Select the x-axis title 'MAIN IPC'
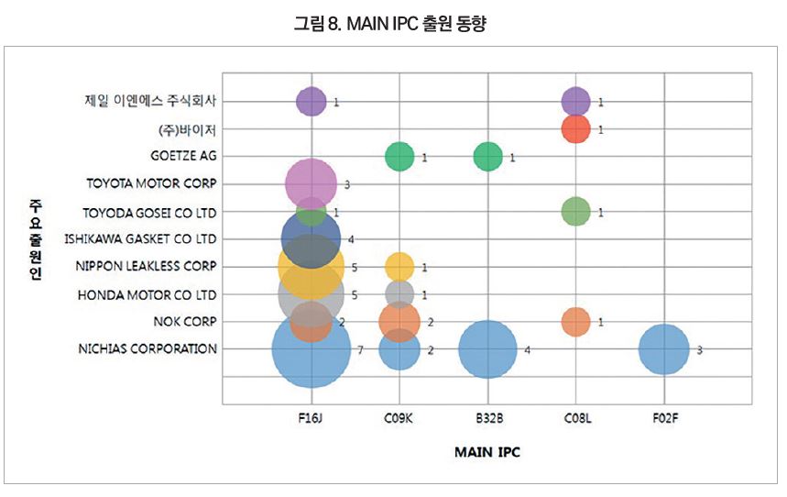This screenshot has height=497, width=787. (x=488, y=452)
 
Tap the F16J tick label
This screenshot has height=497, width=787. (x=312, y=418)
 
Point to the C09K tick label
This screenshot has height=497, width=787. (x=399, y=418)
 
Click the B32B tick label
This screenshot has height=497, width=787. (x=487, y=418)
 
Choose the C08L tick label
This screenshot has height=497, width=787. (x=575, y=418)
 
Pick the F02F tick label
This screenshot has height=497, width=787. (x=663, y=418)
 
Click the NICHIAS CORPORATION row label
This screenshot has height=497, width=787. (x=148, y=349)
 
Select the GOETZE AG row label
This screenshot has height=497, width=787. (x=183, y=156)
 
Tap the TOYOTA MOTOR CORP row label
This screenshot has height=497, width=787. (x=151, y=183)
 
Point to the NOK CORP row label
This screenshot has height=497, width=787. (x=186, y=322)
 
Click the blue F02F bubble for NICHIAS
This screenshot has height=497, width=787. (x=663, y=349)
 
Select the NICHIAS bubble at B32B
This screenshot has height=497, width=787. (x=487, y=349)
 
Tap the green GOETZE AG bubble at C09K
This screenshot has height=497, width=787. (x=399, y=156)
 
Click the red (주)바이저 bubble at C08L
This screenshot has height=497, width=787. (x=575, y=128)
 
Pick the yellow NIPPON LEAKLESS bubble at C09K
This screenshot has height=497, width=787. (x=399, y=267)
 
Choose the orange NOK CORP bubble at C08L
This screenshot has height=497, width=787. (x=575, y=322)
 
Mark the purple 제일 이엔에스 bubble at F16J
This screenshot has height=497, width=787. (x=312, y=101)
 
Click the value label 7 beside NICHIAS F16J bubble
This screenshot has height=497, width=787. (x=361, y=350)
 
